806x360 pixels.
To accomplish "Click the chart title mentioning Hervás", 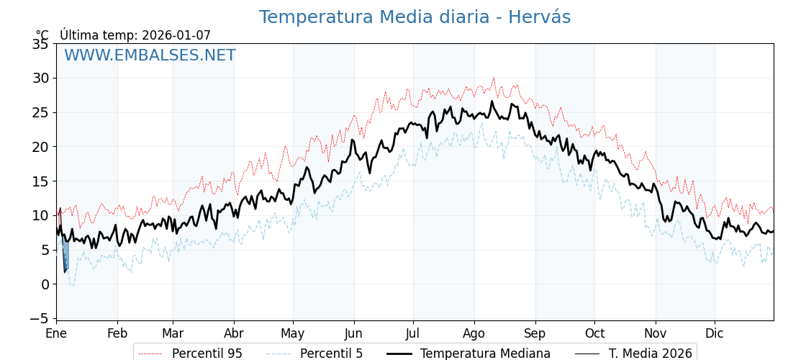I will pyautogui.click(x=415, y=17).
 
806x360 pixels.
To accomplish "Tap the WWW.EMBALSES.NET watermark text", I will pyautogui.click(x=150, y=55).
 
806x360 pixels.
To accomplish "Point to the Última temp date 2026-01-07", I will pyautogui.click(x=176, y=35).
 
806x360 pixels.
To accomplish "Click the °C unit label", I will pyautogui.click(x=42, y=35).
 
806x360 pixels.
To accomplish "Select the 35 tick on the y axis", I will pyautogui.click(x=40, y=44).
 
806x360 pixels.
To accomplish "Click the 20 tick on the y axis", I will pyautogui.click(x=40, y=147).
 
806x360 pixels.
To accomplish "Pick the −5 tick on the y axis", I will pyautogui.click(x=37, y=318).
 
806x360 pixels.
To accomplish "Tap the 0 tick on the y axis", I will pyautogui.click(x=45, y=284).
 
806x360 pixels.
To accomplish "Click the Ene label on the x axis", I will pyautogui.click(x=56, y=334).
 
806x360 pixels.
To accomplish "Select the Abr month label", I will pyautogui.click(x=234, y=334).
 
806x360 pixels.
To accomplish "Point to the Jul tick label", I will pyautogui.click(x=413, y=334).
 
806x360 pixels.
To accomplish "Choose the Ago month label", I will pyautogui.click(x=474, y=334).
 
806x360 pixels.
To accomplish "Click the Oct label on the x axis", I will pyautogui.click(x=594, y=334).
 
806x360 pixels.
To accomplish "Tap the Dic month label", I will pyautogui.click(x=715, y=334).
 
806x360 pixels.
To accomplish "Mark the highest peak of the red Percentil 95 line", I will pyautogui.click(x=494, y=78).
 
